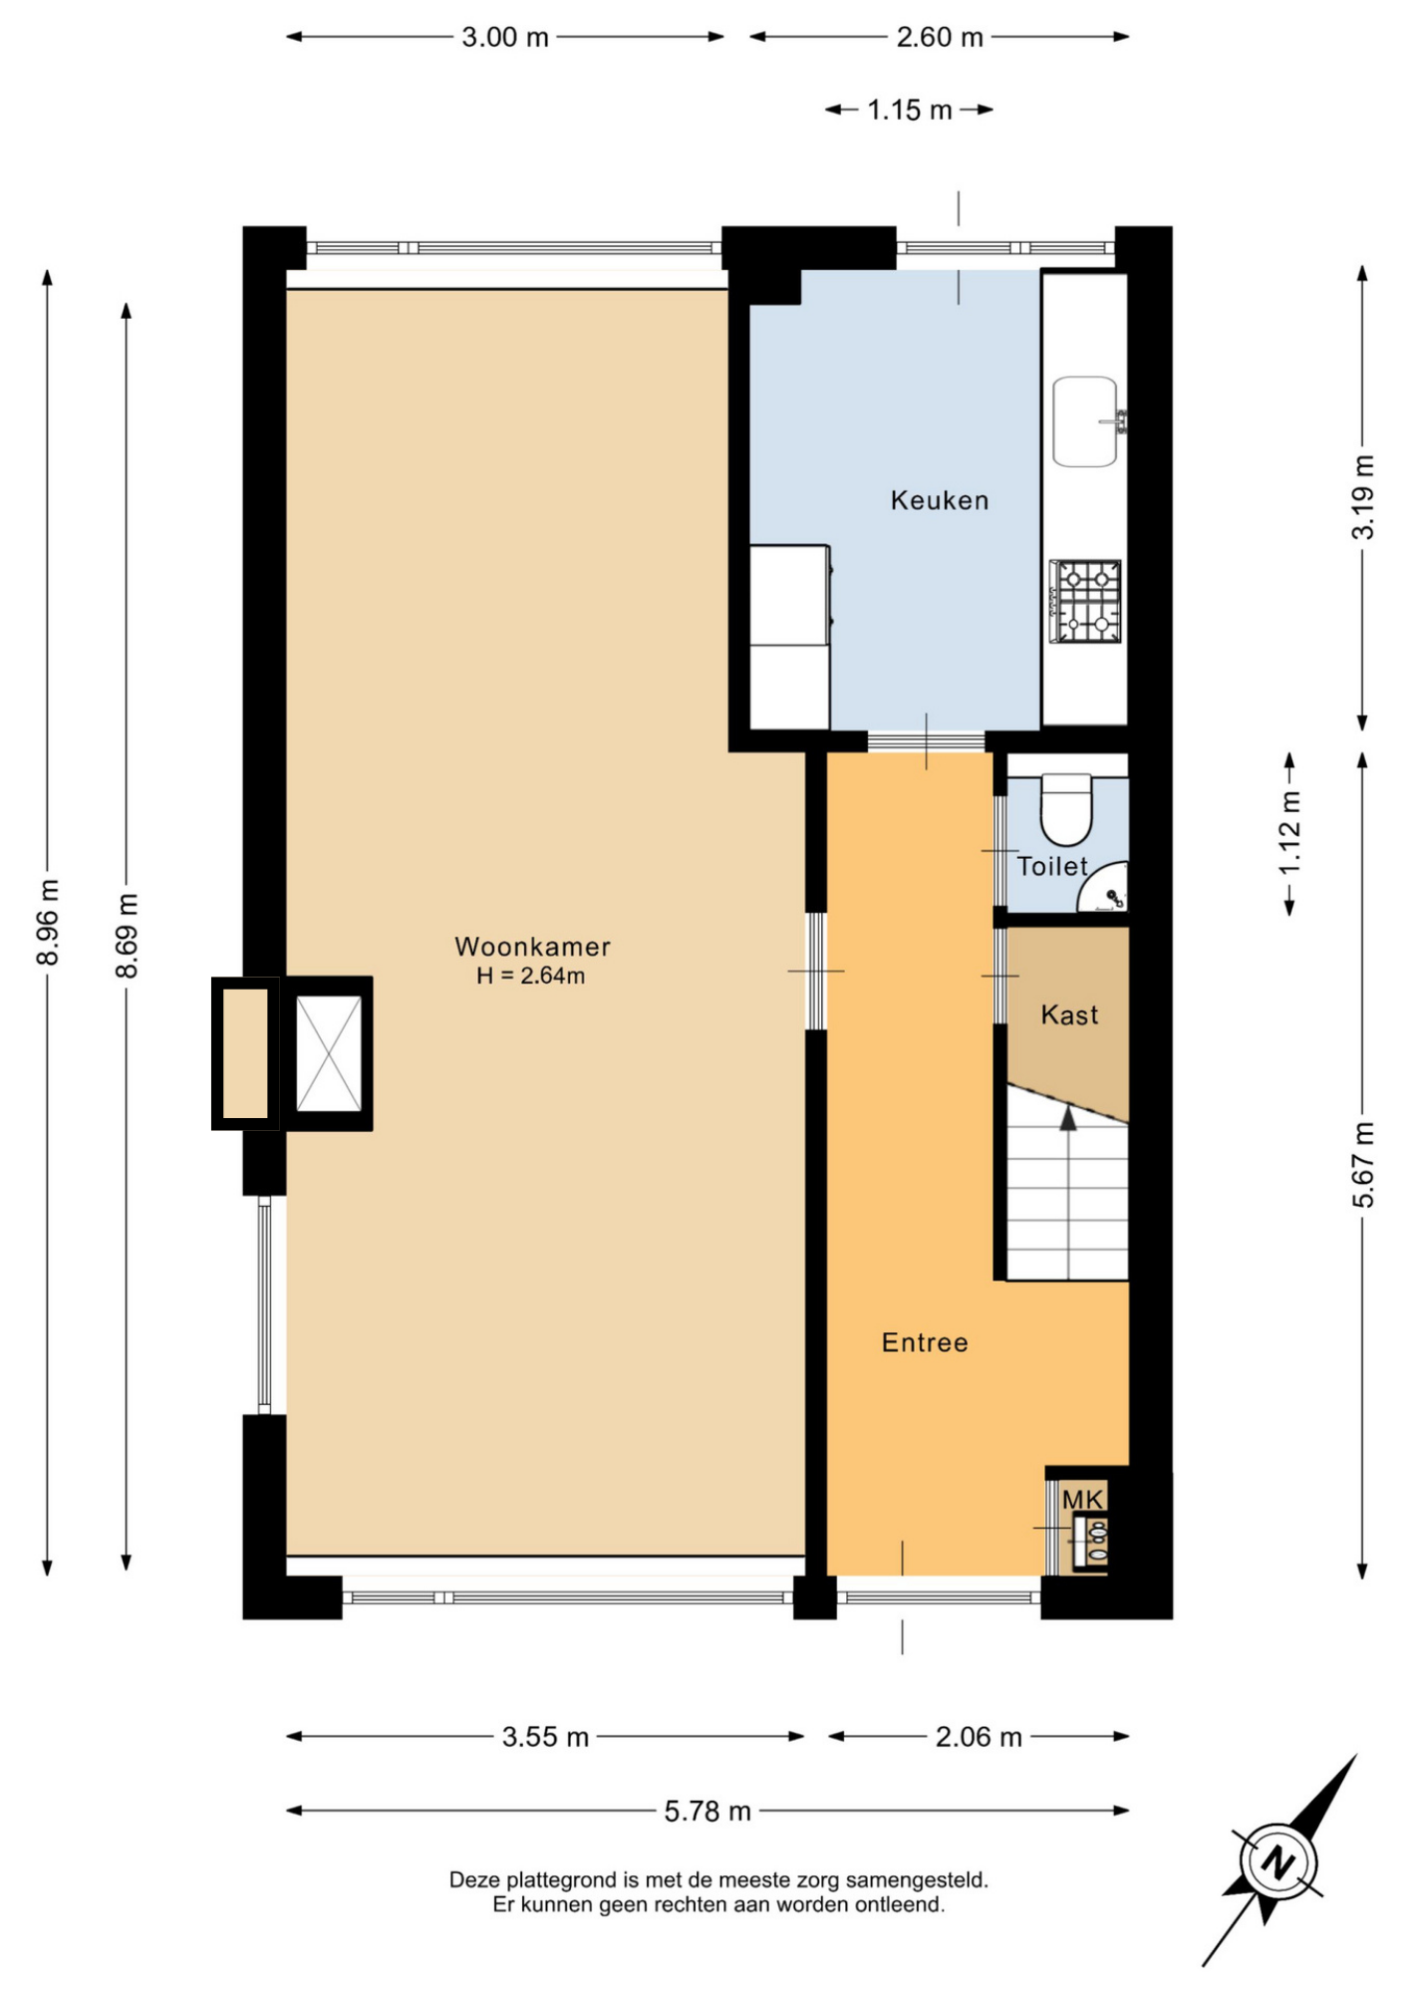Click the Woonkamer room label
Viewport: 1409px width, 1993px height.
coord(532,947)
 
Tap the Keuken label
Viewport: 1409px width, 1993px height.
coord(940,500)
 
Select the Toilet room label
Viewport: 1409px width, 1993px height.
coord(1052,866)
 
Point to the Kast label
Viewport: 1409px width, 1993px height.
coord(1069,1014)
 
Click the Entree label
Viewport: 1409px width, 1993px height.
coord(925,1342)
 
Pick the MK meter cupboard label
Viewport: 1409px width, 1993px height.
coord(1082,1500)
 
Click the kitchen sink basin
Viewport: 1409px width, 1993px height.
coord(1085,422)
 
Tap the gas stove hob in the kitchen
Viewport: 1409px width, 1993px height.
coord(1086,601)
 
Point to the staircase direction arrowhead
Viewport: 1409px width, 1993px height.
coord(1068,1118)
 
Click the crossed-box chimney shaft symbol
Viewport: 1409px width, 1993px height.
coord(329,1053)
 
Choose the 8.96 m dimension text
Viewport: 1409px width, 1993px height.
coord(48,922)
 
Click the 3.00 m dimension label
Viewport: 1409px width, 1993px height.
coord(505,38)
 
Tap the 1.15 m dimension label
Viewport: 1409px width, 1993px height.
coord(909,110)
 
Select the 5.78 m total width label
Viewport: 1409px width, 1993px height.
coord(707,1811)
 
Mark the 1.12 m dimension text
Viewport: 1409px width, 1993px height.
coord(1290,833)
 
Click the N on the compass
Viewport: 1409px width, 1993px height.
coord(1277,1861)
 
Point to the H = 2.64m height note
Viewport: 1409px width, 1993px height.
coord(530,976)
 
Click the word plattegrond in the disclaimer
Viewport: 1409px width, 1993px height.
coord(561,1880)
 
